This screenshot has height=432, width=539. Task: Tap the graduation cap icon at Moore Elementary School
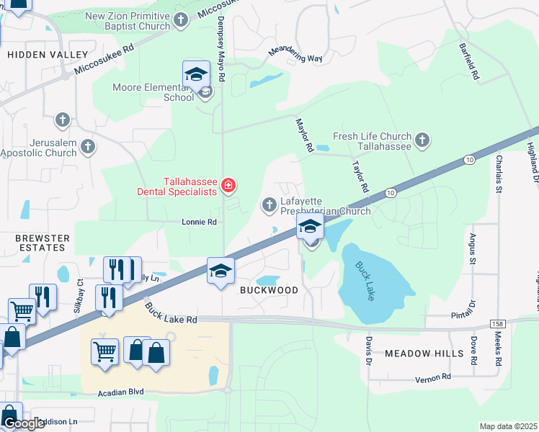tap(195, 75)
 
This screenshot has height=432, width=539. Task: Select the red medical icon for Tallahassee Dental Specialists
tap(228, 186)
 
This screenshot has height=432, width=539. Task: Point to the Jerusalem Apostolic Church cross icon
tap(88, 148)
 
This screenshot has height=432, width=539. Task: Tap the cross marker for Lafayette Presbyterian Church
tap(269, 206)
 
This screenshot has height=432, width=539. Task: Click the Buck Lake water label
tap(365, 280)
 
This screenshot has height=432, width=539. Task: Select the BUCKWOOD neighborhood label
tap(268, 290)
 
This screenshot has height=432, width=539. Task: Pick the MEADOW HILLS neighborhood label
tap(424, 354)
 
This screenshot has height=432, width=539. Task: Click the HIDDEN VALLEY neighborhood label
tap(48, 55)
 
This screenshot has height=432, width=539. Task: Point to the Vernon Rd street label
tap(432, 377)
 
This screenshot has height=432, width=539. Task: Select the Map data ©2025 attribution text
tap(508, 426)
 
